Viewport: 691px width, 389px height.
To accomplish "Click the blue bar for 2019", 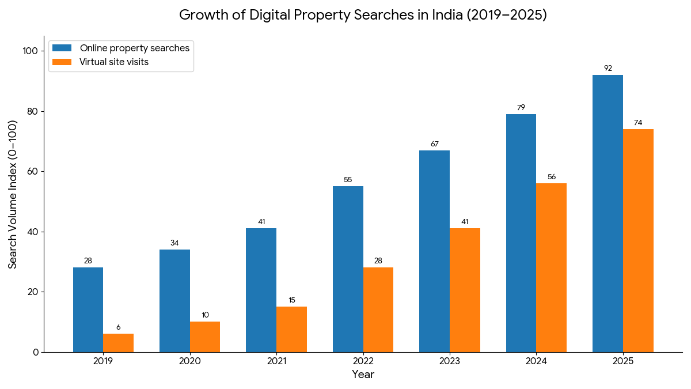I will pos(88,309).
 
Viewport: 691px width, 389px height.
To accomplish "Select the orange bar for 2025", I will pos(638,240).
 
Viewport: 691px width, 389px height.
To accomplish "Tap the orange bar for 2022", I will pos(378,309).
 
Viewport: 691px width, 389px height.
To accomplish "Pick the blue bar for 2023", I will pos(434,251).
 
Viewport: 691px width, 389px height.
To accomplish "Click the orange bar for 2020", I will pos(205,337).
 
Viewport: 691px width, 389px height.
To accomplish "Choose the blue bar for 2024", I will pos(521,233).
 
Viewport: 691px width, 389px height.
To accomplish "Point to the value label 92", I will pos(608,68).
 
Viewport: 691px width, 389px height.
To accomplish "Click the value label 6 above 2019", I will pos(119,327).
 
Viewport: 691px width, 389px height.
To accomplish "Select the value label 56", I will pos(552,177).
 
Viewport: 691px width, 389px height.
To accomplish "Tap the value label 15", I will pos(291,300).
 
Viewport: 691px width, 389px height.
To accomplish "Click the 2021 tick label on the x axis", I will pos(276,361).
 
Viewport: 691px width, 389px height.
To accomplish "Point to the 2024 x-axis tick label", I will pos(536,361).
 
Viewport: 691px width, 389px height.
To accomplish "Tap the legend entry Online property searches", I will pos(134,48).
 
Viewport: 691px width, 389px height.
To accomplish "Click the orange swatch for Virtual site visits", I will pos(62,62).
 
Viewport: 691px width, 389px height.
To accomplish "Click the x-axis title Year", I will pos(363,375).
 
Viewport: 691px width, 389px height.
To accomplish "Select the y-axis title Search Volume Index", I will pos(13,194).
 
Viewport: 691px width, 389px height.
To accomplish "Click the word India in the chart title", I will pos(447,15).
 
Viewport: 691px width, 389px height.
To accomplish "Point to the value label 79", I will pos(521,107).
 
